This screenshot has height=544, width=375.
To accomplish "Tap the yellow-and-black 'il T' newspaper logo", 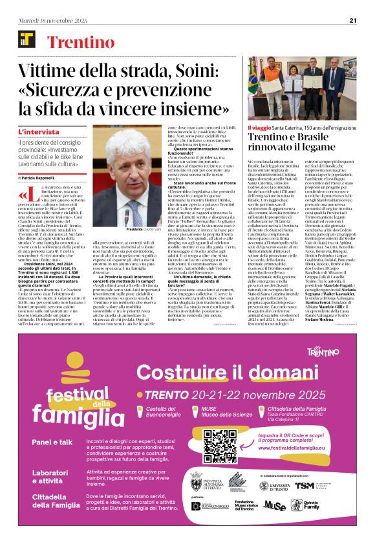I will (27, 43).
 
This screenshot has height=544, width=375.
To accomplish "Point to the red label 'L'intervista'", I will (37, 132).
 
